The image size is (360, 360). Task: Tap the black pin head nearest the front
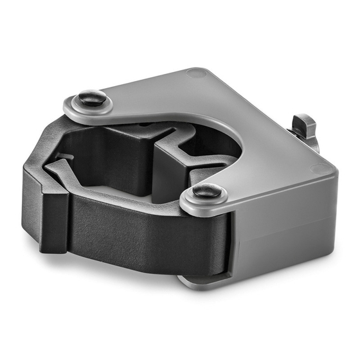pos(207,190)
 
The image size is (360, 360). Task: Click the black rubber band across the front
pos(141,225)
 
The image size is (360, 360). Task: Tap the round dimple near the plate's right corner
pos(318,169)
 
